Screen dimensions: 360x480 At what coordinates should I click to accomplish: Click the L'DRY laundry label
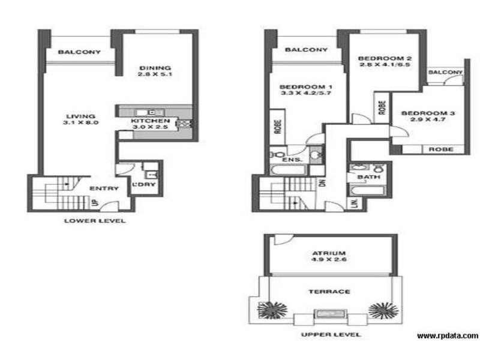[144, 184]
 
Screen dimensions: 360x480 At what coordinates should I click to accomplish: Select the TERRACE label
[329, 291]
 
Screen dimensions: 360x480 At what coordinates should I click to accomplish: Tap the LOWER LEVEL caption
[95, 221]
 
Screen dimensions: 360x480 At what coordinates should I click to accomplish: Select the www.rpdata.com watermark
[447, 336]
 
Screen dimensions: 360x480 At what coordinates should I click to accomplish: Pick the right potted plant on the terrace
[383, 310]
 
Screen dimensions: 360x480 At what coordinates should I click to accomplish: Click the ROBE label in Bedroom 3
[440, 149]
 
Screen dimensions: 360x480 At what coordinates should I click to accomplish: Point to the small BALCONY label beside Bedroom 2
[446, 73]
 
